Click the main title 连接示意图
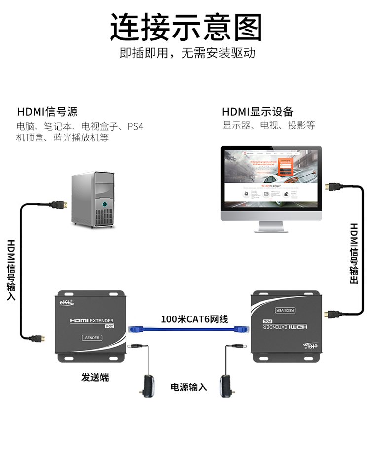click(185, 27)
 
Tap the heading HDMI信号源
click(47, 112)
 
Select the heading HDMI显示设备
click(258, 112)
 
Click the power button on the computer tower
click(104, 204)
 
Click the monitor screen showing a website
click(270, 179)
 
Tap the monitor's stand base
click(271, 228)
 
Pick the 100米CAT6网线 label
click(194, 319)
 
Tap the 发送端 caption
click(95, 378)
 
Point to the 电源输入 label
click(189, 387)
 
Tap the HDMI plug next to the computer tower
click(59, 205)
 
